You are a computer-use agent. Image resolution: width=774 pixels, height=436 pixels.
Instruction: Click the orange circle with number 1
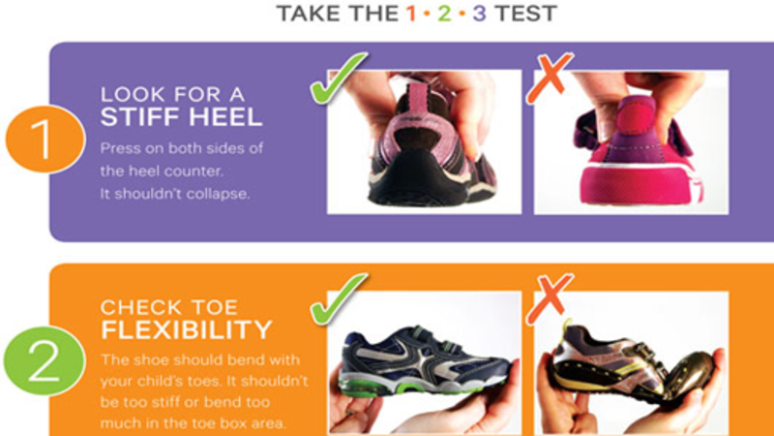(x=45, y=139)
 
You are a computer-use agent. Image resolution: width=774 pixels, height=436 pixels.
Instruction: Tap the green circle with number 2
(x=45, y=360)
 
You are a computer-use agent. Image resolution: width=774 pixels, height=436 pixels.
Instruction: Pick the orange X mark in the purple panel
(x=549, y=78)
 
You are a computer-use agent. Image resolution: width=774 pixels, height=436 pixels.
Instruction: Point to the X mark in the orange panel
(x=549, y=298)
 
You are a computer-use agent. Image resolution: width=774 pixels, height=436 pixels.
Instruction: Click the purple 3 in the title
(x=479, y=14)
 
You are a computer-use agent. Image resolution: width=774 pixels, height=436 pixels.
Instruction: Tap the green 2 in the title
(x=444, y=14)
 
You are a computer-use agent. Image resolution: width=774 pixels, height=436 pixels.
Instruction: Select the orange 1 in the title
(x=411, y=14)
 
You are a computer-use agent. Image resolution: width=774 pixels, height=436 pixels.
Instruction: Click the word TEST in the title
(x=525, y=14)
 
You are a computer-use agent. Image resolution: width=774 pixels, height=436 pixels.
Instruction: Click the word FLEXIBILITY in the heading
(x=186, y=329)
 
